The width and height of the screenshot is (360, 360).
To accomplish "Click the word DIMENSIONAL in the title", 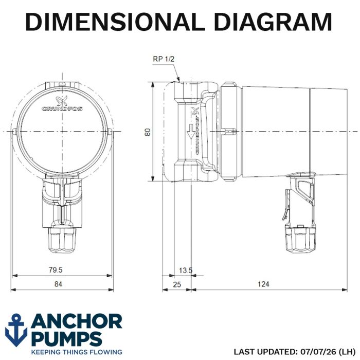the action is tap(115, 22).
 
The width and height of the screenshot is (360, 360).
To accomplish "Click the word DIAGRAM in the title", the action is tap(273, 22).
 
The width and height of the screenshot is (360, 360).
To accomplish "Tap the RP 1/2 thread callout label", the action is tap(164, 59).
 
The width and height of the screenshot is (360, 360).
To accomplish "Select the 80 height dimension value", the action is tap(148, 132).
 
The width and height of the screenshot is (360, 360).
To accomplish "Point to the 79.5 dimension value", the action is tap(56, 270).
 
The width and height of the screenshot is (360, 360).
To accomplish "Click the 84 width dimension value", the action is tap(58, 284).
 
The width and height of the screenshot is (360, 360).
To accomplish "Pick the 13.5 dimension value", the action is tap(186, 271).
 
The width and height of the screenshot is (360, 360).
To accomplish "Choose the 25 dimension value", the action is tap(177, 285).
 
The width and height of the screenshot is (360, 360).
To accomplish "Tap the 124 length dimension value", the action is tap(263, 284).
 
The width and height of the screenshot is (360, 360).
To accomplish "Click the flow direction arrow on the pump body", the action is tap(190, 132).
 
